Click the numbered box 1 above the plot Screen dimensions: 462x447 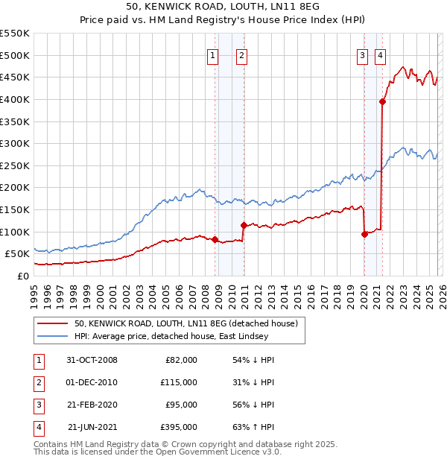click(212, 54)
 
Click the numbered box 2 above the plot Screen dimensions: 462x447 click(242, 54)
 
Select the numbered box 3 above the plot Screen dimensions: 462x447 click(362, 54)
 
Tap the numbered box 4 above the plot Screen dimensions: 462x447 click(380, 54)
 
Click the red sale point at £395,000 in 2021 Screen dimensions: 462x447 click(382, 102)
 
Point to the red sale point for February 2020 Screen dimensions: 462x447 click(364, 234)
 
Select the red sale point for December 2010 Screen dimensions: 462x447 click(244, 225)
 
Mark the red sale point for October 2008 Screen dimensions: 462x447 click(215, 239)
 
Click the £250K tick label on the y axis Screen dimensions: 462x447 click(15, 165)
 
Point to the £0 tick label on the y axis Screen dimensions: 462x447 click(22, 276)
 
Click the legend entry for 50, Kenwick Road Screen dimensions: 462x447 click(186, 323)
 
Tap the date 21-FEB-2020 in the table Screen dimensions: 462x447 click(92, 405)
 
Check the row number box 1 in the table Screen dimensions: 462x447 click(37, 360)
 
